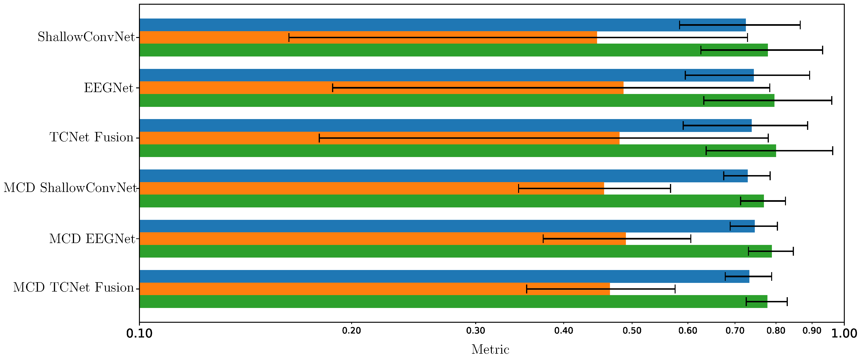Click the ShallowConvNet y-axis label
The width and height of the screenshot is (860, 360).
coord(86,37)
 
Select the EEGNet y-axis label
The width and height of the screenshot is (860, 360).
coord(108,88)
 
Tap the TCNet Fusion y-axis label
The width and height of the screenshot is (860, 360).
coord(91,138)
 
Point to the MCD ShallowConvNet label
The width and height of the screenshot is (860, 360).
coord(70,188)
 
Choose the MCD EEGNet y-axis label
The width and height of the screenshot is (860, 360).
coord(92,239)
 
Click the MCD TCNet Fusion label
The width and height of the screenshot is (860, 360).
coord(73,288)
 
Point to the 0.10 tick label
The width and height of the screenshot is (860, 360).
coord(139,334)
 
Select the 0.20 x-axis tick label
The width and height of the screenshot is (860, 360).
coord(351,331)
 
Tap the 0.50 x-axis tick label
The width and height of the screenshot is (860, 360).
coord(632,331)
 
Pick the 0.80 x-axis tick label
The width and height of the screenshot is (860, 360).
coord(776,331)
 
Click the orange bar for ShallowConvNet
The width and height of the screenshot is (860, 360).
coord(367,38)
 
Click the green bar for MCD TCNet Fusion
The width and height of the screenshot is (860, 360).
coord(434,302)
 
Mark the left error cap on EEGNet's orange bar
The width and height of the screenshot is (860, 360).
coord(333,88)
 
